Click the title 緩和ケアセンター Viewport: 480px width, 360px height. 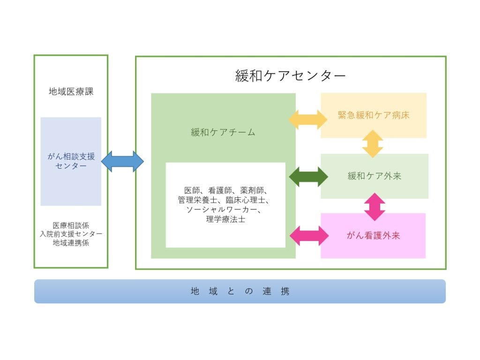[x=290, y=75]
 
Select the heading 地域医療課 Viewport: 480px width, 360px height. [x=71, y=91]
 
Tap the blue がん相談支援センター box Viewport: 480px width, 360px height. [x=71, y=161]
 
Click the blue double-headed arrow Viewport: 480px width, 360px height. [x=122, y=161]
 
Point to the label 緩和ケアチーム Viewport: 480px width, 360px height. [x=223, y=132]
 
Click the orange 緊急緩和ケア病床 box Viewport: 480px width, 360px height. [x=374, y=115]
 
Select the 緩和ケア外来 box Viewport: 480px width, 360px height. [x=375, y=176]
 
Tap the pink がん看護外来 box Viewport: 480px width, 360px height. [x=373, y=235]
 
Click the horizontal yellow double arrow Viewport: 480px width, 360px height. [x=308, y=120]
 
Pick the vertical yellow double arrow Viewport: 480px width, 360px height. [x=373, y=144]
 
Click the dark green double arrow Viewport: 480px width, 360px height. [x=308, y=177]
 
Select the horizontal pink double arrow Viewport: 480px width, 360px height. [x=309, y=236]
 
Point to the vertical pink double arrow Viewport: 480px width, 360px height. [x=375, y=207]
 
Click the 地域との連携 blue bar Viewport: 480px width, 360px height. [x=240, y=291]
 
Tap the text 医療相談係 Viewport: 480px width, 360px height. [x=71, y=225]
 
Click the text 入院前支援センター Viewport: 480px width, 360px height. [x=71, y=234]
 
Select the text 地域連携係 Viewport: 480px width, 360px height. [x=71, y=243]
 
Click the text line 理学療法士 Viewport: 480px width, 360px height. [x=225, y=219]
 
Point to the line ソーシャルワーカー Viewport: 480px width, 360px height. [x=224, y=210]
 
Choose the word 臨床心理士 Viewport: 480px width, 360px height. [x=246, y=200]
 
